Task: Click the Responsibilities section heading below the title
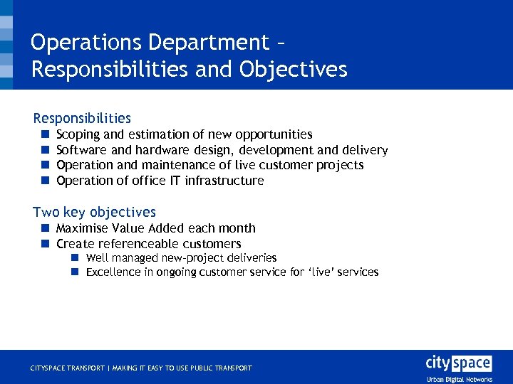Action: tap(82, 118)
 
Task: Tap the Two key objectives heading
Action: tap(94, 212)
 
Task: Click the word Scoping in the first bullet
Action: tap(78, 134)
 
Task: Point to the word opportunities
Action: tap(274, 134)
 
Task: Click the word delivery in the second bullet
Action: tap(365, 150)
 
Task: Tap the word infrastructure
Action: tap(224, 181)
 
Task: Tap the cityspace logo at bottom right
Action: tap(458, 363)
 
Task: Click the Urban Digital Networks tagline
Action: tap(459, 379)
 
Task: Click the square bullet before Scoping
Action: tap(44, 134)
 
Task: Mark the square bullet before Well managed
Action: tap(74, 258)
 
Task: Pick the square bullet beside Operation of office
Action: tap(44, 181)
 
